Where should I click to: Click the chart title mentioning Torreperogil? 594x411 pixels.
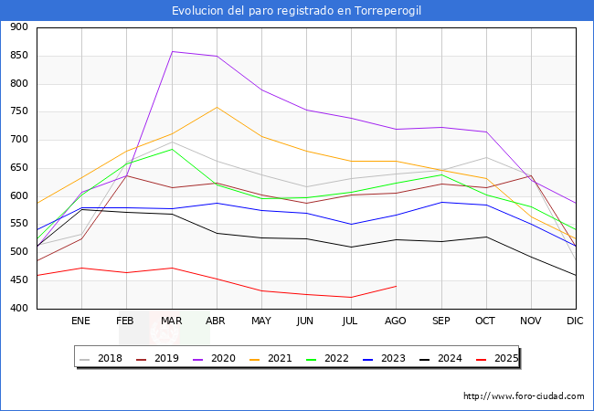pos(297,11)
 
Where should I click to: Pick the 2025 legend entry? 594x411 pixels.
pos(504,358)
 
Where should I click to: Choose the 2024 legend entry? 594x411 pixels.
pos(448,358)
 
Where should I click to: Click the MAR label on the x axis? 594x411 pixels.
pos(171,321)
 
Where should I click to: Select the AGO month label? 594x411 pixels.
pos(396,321)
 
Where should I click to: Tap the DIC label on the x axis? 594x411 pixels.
pos(575,321)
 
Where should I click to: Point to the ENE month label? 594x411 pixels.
pos(81,321)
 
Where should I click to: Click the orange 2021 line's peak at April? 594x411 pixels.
pos(217,107)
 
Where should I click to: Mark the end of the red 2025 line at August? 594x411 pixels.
pos(396,286)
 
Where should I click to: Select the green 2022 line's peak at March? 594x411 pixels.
pos(171,149)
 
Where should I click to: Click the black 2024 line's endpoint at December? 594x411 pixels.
pos(576,275)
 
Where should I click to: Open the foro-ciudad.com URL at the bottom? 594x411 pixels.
pos(524,396)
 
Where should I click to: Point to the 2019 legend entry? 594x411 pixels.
pos(165,358)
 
